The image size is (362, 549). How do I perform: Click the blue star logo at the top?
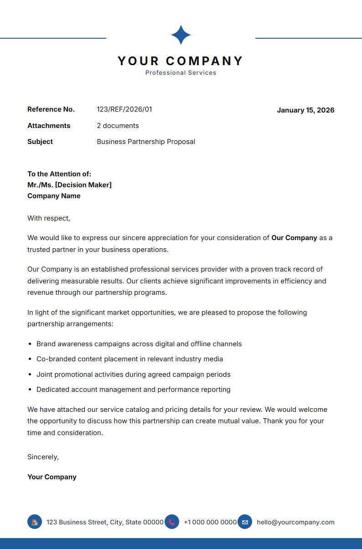(181, 35)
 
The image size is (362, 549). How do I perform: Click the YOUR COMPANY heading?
(181, 61)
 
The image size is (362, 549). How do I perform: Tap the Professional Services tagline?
(181, 73)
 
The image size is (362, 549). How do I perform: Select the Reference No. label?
(51, 109)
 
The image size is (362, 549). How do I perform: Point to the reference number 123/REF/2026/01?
(124, 109)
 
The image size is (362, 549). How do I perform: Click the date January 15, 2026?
(305, 110)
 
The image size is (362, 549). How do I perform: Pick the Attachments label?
(49, 126)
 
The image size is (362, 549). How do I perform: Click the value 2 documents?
(118, 126)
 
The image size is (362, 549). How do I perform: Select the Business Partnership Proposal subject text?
(146, 142)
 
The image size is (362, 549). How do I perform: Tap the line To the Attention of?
(59, 174)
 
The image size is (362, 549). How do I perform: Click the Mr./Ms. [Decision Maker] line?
(69, 185)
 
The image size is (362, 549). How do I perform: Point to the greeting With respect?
(49, 218)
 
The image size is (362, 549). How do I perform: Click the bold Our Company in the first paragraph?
(294, 238)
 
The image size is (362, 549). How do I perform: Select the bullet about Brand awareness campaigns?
(139, 344)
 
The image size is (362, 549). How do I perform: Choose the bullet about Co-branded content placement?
(130, 359)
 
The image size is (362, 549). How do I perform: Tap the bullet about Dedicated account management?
(134, 390)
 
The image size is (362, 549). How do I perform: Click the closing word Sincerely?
(43, 457)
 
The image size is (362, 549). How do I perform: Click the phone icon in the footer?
(172, 522)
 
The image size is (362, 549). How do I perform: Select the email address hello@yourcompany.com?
(295, 522)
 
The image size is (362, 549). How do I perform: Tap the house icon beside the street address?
(35, 522)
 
